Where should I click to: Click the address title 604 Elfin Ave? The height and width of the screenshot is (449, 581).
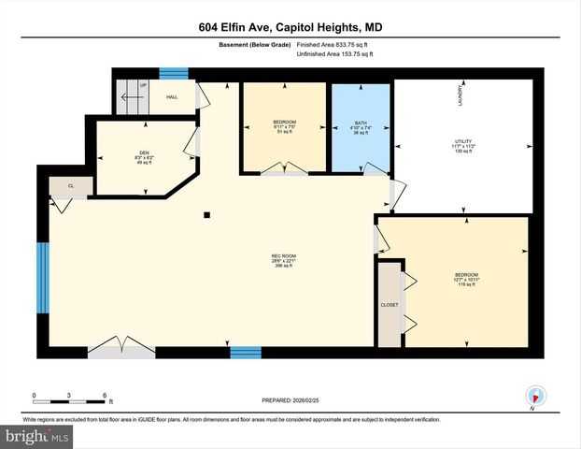click(x=290, y=27)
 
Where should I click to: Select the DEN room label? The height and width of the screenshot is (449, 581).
click(x=144, y=152)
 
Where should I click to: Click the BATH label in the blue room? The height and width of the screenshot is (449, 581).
click(x=360, y=125)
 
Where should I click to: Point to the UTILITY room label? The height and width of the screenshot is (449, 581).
click(x=464, y=142)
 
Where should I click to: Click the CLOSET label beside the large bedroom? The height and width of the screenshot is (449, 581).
click(x=389, y=305)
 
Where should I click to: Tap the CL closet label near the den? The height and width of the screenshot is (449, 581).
click(x=71, y=186)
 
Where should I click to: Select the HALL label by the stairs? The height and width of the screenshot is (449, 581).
click(x=172, y=96)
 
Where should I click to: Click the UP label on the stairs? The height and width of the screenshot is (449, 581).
click(x=143, y=85)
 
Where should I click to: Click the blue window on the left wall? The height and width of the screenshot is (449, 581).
click(x=41, y=279)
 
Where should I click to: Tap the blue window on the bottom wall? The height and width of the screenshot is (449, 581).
click(x=245, y=352)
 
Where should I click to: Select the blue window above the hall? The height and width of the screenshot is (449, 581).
click(x=173, y=74)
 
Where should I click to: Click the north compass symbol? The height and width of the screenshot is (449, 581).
click(x=534, y=397)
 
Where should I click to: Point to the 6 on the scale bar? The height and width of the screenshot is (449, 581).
click(x=105, y=394)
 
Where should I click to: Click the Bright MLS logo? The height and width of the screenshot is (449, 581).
click(x=36, y=436)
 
